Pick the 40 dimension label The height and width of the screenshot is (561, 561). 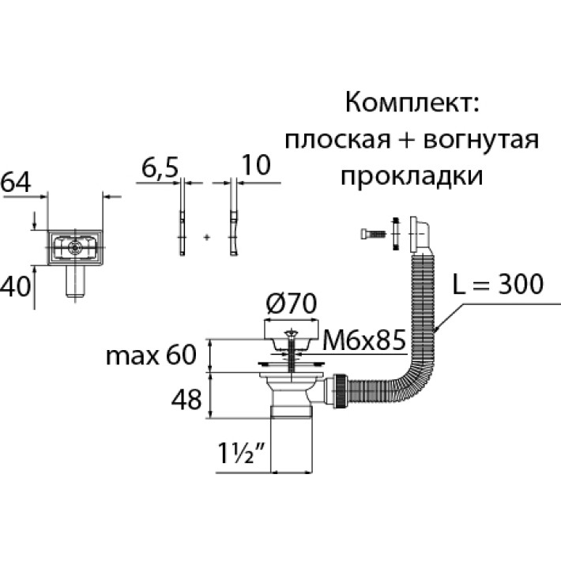pyautogui.click(x=15, y=285)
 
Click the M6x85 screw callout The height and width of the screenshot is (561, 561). pyautogui.click(x=364, y=342)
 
